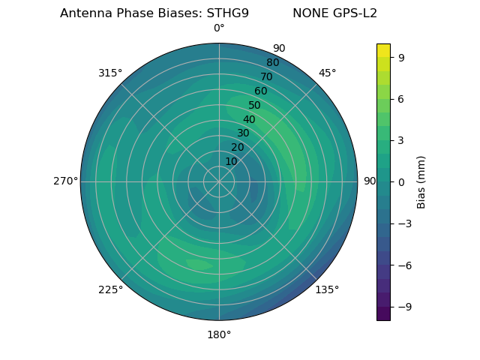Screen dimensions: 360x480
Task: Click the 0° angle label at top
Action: pyautogui.click(x=219, y=28)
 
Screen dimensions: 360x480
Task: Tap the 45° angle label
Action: pyautogui.click(x=328, y=73)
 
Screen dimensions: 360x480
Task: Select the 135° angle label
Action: pyautogui.click(x=327, y=289)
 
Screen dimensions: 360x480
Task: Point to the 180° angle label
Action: pyautogui.click(x=219, y=334)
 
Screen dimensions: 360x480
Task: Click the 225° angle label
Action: pyautogui.click(x=110, y=289)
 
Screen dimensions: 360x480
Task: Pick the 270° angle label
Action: pyautogui.click(x=65, y=181)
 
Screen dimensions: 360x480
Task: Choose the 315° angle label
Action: pyautogui.click(x=110, y=73)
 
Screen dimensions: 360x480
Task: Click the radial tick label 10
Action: pyautogui.click(x=231, y=161)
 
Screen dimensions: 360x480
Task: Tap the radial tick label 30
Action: pyautogui.click(x=243, y=133)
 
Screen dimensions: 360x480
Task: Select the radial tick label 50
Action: pyautogui.click(x=255, y=106)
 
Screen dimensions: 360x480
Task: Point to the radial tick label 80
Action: pyautogui.click(x=272, y=63)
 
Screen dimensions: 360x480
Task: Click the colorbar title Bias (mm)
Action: pyautogui.click(x=421, y=181)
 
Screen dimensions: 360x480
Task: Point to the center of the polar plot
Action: pyautogui.click(x=219, y=181)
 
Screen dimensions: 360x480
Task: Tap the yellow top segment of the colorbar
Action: pyautogui.click(x=383, y=50)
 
